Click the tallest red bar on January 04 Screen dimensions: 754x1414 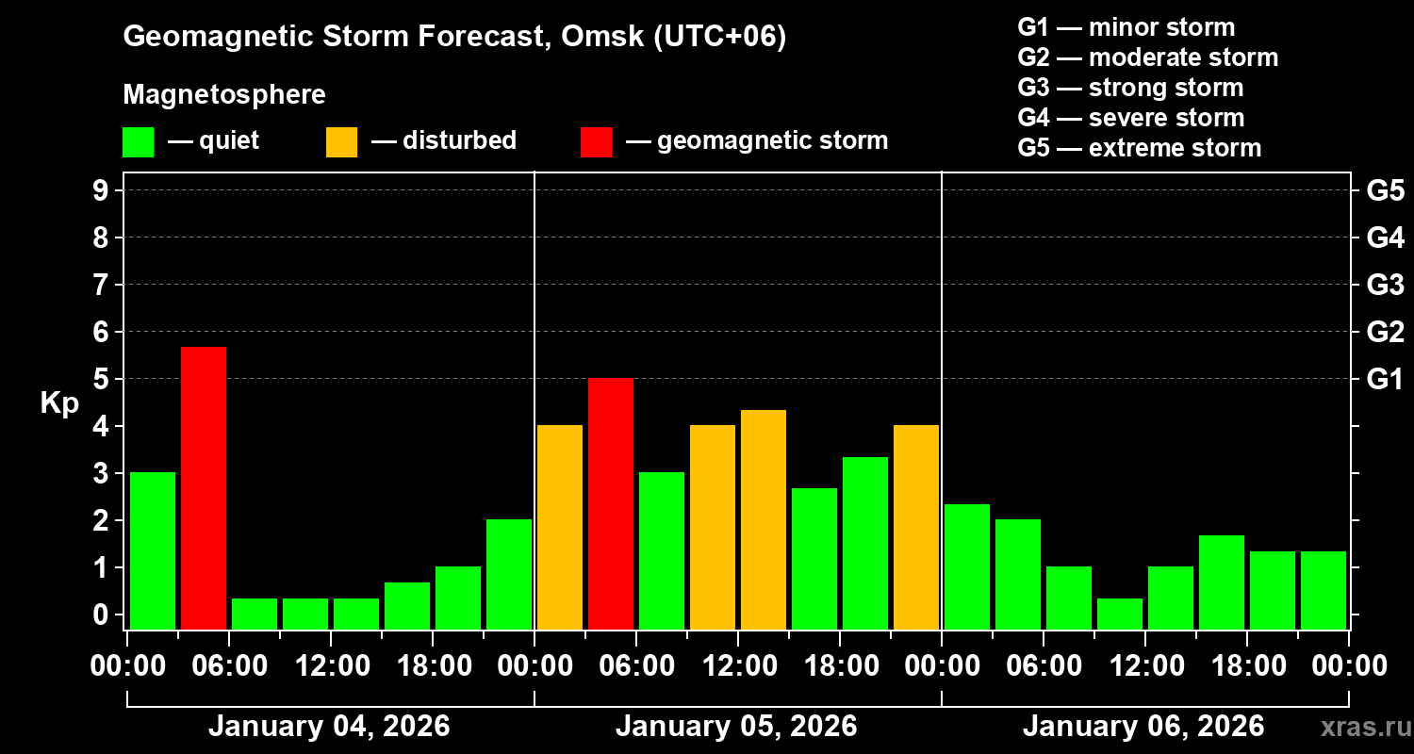pos(204,487)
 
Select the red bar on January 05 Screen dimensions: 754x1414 pos(611,503)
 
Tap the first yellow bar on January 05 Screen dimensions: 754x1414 pos(560,527)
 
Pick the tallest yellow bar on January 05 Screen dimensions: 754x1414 pos(764,519)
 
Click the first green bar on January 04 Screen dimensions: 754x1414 pos(153,550)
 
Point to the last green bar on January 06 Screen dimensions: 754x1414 pos(1324,590)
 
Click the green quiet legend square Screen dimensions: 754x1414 pos(138,142)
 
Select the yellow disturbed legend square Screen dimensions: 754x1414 pos(341,142)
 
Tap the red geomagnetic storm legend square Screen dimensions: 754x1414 pos(596,142)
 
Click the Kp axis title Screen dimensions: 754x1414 pos(59,402)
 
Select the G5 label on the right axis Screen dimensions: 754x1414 pos(1385,190)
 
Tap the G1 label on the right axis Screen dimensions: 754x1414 pos(1385,379)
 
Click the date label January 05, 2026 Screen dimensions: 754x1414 pos(736,727)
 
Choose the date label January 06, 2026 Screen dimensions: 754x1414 pos(1143,727)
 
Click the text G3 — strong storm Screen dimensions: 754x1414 pos(1130,88)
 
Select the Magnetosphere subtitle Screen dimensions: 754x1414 pos(224,95)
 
